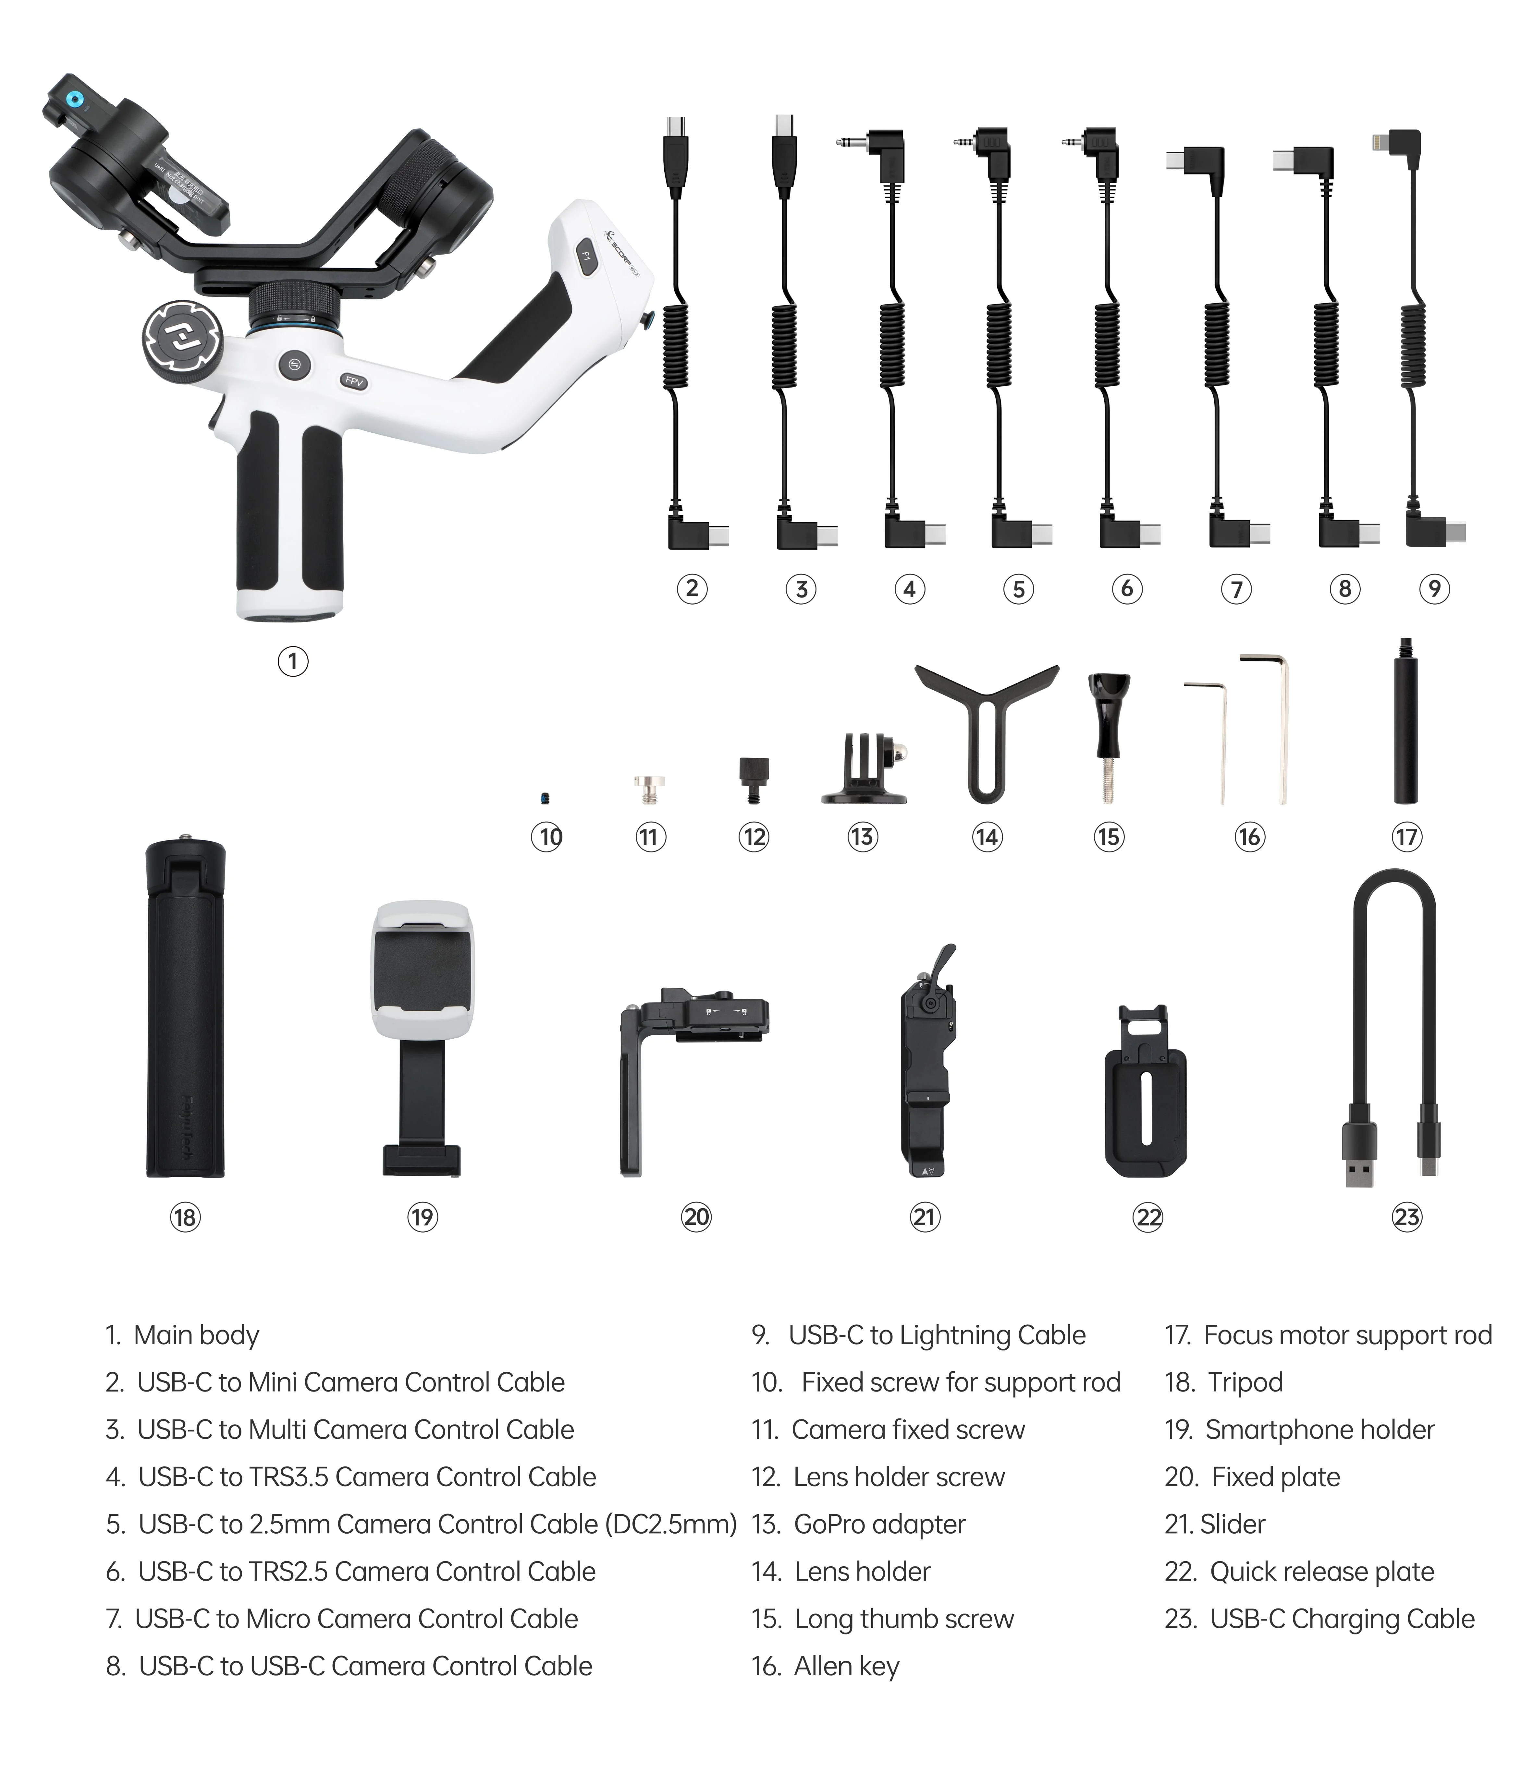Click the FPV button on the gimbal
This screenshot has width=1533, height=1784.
tap(353, 380)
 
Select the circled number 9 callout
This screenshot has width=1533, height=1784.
tap(1434, 589)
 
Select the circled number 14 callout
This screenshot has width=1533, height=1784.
tap(987, 837)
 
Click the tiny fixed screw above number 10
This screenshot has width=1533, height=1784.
tap(544, 798)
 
